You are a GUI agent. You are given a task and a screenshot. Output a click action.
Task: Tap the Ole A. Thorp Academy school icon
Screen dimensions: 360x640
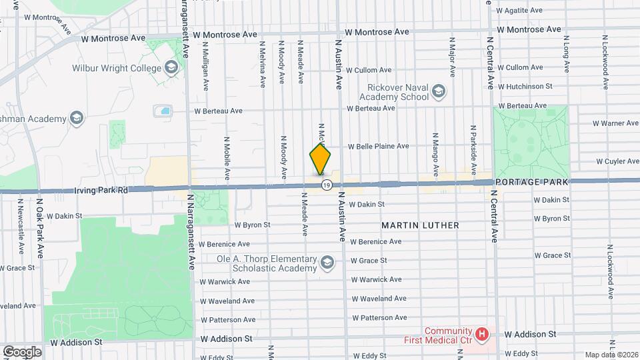327,263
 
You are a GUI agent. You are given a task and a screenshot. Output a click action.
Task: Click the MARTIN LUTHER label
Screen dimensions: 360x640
420,225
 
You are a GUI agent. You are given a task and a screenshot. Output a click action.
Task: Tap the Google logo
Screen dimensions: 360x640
21,352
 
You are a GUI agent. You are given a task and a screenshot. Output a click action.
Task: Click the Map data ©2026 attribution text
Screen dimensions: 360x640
611,355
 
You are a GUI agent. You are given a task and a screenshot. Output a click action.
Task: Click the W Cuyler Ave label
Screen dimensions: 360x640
617,161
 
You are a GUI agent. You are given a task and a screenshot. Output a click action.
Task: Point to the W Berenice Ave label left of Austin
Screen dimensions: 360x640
224,245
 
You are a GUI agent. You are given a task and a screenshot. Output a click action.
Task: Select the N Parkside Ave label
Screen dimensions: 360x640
473,141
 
